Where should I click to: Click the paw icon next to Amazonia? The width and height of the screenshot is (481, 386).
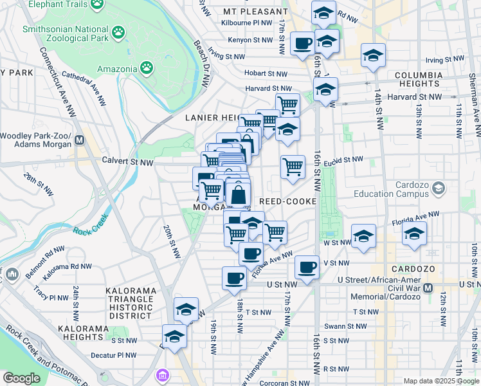147,68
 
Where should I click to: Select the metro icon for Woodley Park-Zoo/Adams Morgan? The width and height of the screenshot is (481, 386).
80,140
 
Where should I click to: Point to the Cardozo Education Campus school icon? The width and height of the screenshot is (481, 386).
439,188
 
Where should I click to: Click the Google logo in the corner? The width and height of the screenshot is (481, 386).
22,378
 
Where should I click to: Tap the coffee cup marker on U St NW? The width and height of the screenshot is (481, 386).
234,279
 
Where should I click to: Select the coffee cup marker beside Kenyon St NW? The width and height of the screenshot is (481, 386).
302,43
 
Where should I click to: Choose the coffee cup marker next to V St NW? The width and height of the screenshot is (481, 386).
307,266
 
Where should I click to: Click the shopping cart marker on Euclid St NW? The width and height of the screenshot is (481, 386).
293,167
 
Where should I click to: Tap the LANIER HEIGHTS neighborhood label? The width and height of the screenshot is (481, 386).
212,118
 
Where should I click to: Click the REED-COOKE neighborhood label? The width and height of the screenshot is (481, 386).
287,201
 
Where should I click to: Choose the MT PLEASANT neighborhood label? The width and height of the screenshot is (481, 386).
255,12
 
